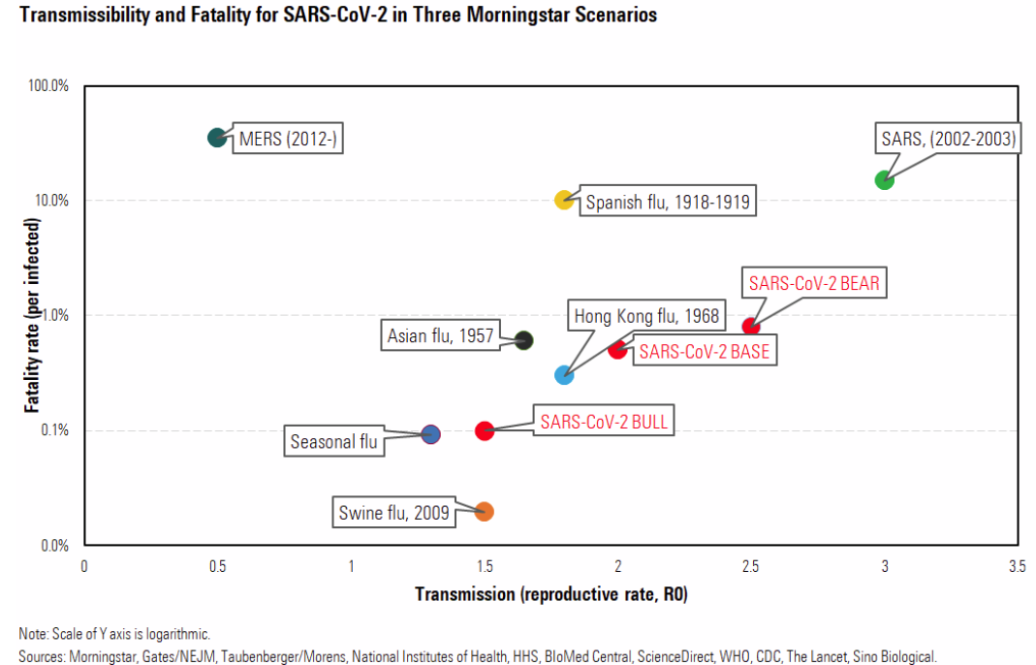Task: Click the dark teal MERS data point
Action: click(217, 138)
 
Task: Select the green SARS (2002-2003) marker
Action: click(884, 180)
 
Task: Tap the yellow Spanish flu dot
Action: click(564, 200)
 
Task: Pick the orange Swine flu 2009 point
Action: click(485, 511)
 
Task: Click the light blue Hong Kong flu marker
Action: click(564, 374)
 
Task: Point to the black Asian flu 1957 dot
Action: click(524, 340)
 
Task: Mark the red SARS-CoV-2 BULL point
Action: click(485, 430)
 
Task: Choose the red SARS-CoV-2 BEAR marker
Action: click(750, 326)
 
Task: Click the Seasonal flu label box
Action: click(333, 442)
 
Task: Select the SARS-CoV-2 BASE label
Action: click(704, 351)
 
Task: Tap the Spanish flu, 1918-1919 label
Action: click(667, 203)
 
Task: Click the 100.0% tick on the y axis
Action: click(48, 85)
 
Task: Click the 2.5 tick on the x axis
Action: click(751, 564)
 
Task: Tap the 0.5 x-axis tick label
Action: click(218, 564)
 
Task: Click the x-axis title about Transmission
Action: click(550, 593)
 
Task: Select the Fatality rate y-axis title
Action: click(33, 315)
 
